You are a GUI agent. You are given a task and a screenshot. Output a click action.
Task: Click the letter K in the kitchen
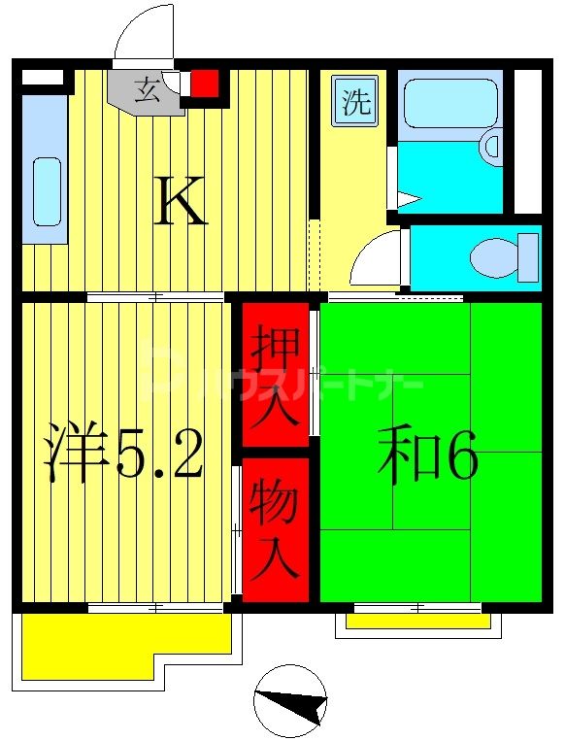182,204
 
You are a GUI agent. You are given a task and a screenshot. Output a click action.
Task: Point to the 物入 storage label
274,529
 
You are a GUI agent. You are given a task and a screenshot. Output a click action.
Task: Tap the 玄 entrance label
147,92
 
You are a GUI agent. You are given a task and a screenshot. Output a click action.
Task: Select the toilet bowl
494,257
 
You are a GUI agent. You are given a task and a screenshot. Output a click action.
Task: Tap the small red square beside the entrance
204,84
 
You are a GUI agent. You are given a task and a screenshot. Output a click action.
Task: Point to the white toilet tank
528,256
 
